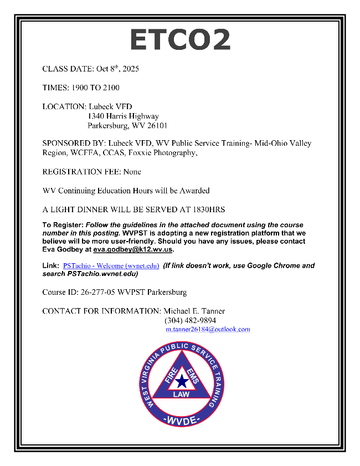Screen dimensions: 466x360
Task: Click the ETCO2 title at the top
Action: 180,40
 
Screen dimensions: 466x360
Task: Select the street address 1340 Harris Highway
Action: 123,116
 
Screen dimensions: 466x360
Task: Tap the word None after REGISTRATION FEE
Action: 132,172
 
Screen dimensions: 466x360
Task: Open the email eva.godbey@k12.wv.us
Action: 133,250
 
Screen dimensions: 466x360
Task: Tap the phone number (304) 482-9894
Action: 190,320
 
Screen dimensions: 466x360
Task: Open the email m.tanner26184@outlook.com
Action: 208,329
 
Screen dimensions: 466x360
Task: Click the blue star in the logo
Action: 182,381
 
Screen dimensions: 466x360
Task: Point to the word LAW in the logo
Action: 181,395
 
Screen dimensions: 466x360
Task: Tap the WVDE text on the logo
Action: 182,420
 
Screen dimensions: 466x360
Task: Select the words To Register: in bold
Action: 63,225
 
